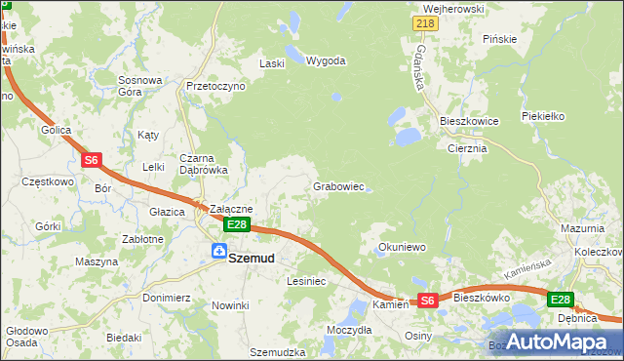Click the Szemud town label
[x=252, y=259]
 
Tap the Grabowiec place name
[x=338, y=186]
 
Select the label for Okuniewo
[x=402, y=248]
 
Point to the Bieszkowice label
[x=469, y=121]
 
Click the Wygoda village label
[x=326, y=60]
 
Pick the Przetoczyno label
[x=215, y=86]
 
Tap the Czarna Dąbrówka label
[x=203, y=163]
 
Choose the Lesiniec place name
[x=306, y=281]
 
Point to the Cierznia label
[x=467, y=149]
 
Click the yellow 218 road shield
[x=424, y=23]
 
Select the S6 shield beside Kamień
[x=428, y=301]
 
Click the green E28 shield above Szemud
[x=238, y=224]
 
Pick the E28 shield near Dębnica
[x=560, y=300]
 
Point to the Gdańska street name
[x=421, y=66]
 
